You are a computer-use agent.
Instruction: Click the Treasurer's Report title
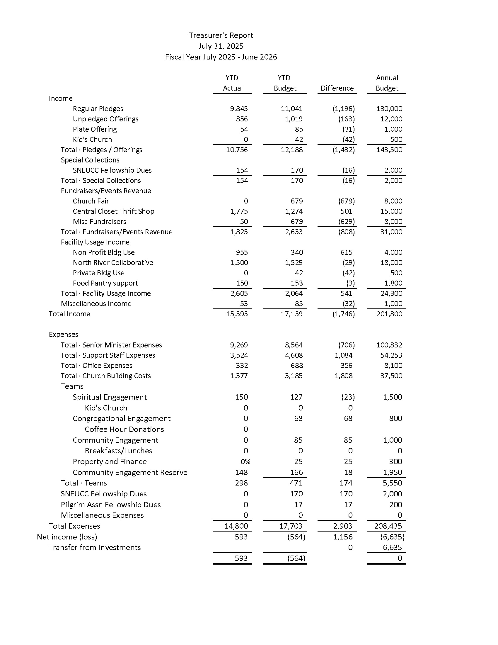[x=221, y=35]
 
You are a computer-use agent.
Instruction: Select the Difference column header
[x=337, y=88]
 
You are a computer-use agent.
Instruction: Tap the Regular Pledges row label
[x=98, y=109]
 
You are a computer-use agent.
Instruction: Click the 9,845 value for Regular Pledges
[x=239, y=109]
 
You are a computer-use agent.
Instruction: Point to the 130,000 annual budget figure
[x=389, y=109]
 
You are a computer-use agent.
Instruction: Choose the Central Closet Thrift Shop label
[x=113, y=211]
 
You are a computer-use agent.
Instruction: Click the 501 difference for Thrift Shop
[x=346, y=211]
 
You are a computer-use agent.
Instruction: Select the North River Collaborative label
[x=113, y=263]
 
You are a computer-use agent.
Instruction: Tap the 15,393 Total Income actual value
[x=237, y=314]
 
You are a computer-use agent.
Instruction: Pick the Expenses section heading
[x=64, y=334]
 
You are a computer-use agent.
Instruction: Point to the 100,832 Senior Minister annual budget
[x=389, y=345]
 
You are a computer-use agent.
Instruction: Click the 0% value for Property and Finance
[x=245, y=461]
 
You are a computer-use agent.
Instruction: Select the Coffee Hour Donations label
[x=124, y=430]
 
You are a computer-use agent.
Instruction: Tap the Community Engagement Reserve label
[x=130, y=473]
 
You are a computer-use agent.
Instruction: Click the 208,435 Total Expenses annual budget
[x=388, y=526]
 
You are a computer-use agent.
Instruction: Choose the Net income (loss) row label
[x=67, y=537]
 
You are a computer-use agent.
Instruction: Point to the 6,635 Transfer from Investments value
[x=392, y=548]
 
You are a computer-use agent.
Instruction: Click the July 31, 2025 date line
[x=221, y=46]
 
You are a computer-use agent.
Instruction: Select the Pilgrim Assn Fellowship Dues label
[x=111, y=505]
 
